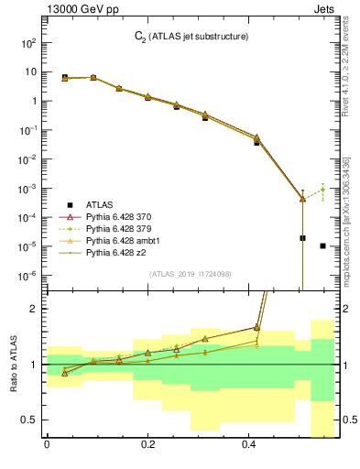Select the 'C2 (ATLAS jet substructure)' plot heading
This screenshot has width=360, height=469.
click(x=191, y=36)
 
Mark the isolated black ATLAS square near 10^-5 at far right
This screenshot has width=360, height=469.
click(x=323, y=245)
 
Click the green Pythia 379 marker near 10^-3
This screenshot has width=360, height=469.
click(x=323, y=190)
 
